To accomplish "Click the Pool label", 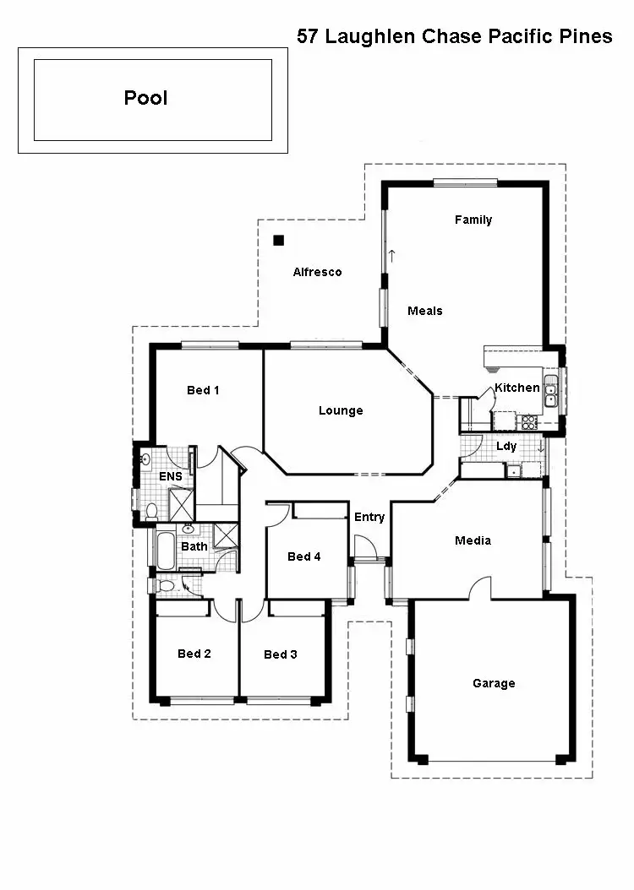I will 145,98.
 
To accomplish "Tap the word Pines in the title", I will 585,36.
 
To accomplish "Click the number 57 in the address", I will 308,36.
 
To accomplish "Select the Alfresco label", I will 317,272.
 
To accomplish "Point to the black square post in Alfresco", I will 277,240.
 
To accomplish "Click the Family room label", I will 473,220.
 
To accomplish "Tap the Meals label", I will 424,311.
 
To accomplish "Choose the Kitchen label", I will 516,388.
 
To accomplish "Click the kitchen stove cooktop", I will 529,421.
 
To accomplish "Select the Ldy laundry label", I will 506,446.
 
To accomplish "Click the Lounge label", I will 341,411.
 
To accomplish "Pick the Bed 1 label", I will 203,390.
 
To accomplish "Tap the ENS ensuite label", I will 171,477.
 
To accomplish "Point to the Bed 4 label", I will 304,556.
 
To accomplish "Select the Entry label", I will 369,517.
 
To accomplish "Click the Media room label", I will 473,540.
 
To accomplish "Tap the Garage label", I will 494,683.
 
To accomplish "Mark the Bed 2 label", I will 194,654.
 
